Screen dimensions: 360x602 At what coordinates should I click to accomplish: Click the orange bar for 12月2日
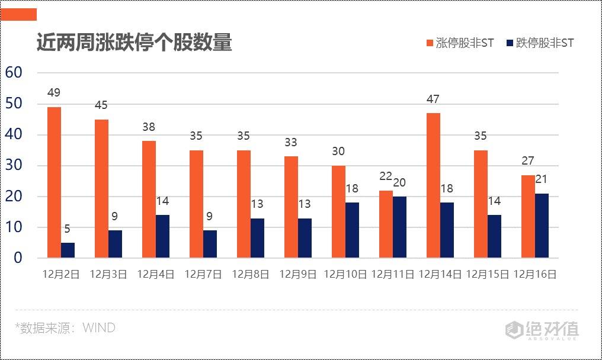pyautogui.click(x=54, y=182)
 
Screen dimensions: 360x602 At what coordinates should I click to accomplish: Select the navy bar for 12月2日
pyautogui.click(x=68, y=250)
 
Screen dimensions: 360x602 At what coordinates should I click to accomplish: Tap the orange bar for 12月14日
pyautogui.click(x=433, y=185)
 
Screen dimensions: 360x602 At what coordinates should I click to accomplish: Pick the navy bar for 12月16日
pyautogui.click(x=542, y=226)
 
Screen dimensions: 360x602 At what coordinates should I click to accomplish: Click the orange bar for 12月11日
pyautogui.click(x=386, y=224)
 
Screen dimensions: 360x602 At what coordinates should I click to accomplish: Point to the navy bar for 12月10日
pyautogui.click(x=352, y=230)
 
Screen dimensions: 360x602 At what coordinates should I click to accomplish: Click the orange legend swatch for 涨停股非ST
pyautogui.click(x=429, y=43)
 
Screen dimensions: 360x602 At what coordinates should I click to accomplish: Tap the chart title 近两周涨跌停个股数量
pyautogui.click(x=134, y=43)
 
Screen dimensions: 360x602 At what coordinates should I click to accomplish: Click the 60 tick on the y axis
pyautogui.click(x=14, y=73)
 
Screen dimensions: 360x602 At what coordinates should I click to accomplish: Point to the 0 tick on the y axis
pyautogui.click(x=18, y=258)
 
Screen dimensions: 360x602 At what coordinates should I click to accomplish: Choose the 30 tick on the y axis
pyautogui.click(x=14, y=166)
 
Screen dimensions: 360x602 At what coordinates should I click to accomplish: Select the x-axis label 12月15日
pyautogui.click(x=488, y=275)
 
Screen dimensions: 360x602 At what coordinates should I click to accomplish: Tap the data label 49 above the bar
pyautogui.click(x=54, y=93)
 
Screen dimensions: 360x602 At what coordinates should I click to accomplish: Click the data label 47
pyautogui.click(x=433, y=99)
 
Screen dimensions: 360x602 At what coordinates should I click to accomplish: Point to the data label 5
pyautogui.click(x=68, y=229)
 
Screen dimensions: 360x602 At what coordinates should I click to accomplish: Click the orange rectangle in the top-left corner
pyautogui.click(x=19, y=15)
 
